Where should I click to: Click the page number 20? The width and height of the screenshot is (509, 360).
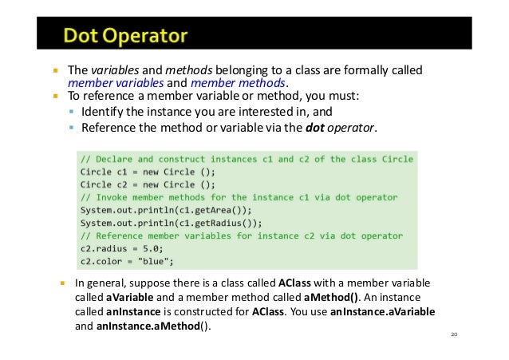[x=455, y=334]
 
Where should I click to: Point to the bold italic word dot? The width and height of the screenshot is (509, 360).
[x=318, y=127]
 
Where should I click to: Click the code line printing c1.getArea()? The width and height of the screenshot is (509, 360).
[x=160, y=209]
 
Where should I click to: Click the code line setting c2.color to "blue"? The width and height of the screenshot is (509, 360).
[x=127, y=260]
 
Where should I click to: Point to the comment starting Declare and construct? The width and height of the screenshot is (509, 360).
[x=247, y=158]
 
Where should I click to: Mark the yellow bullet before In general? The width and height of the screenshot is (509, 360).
[x=62, y=283]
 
